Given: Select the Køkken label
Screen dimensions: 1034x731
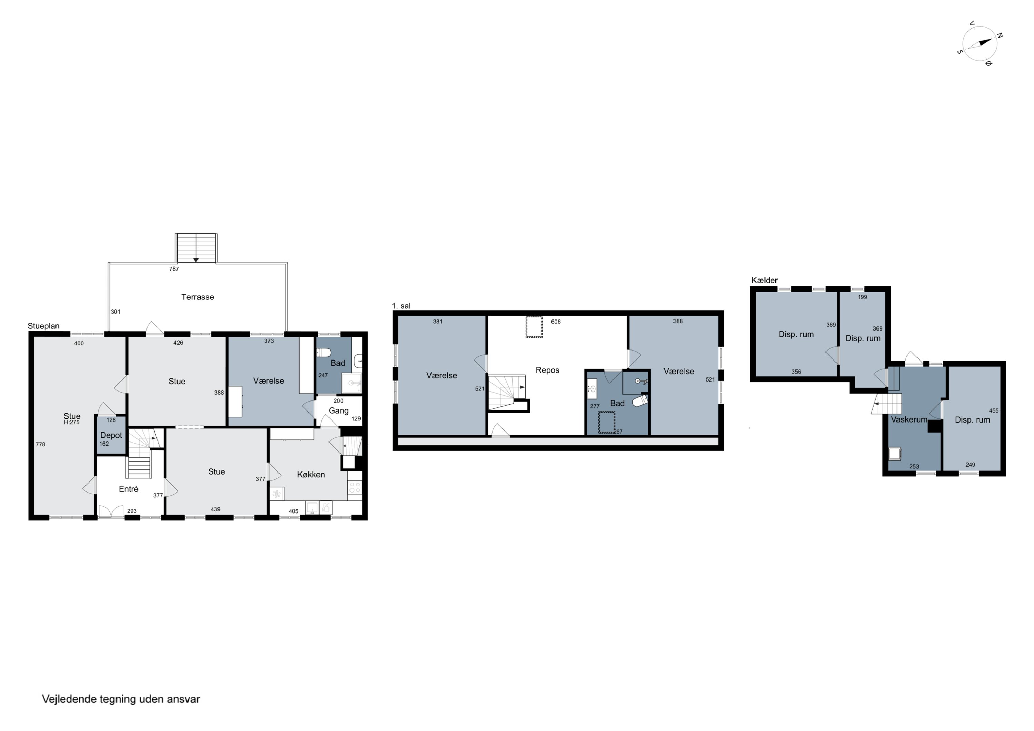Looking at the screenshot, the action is [x=311, y=475].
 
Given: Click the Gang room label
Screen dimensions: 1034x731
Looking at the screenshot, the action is [x=339, y=411].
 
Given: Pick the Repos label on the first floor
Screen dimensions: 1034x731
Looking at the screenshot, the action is [x=547, y=370].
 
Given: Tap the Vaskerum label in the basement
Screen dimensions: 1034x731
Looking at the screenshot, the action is [x=909, y=420].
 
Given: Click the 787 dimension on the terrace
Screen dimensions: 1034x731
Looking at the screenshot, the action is [x=174, y=269].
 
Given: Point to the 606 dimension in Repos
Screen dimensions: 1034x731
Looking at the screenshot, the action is [x=556, y=322].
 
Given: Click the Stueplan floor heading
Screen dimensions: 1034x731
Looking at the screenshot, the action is [x=44, y=326].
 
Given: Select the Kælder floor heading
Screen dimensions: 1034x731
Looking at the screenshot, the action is [x=764, y=280].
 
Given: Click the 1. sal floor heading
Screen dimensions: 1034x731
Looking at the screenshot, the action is [x=401, y=306].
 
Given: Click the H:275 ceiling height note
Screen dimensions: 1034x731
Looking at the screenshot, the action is [x=72, y=423].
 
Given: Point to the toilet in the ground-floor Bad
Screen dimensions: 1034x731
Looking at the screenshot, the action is [x=324, y=352].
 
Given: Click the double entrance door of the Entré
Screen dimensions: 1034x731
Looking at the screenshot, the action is [x=111, y=511].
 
